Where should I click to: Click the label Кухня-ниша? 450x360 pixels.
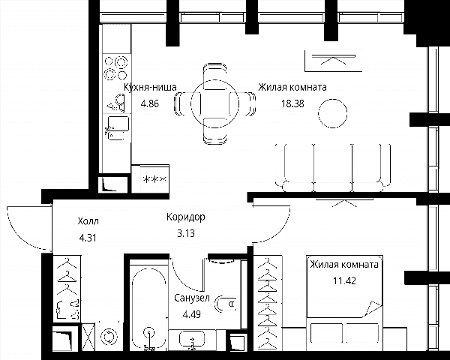pyautogui.click(x=150, y=87)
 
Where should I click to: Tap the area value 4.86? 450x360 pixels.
pyautogui.click(x=149, y=103)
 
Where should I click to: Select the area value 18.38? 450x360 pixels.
pyautogui.click(x=292, y=103)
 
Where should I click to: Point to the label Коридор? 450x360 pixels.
pyautogui.click(x=186, y=217)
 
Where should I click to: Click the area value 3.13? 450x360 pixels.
pyautogui.click(x=186, y=233)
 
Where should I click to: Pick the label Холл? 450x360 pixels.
pyautogui.click(x=88, y=221)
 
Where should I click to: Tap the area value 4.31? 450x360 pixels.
pyautogui.click(x=88, y=238)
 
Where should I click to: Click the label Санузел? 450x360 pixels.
pyautogui.click(x=192, y=298)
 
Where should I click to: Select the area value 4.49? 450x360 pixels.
pyautogui.click(x=192, y=315)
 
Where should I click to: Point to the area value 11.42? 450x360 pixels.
pyautogui.click(x=344, y=280)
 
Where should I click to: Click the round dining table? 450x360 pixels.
pyautogui.click(x=215, y=103)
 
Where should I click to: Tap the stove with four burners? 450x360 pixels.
pyautogui.click(x=116, y=68)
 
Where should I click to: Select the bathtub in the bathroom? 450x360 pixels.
pyautogui.click(x=149, y=308)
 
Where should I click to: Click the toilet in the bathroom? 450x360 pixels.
pyautogui.click(x=226, y=304)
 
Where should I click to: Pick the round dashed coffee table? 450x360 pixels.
pyautogui.click(x=332, y=113)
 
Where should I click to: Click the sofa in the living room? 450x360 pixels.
pyautogui.click(x=333, y=168)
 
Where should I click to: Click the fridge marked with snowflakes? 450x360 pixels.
pyautogui.click(x=154, y=179)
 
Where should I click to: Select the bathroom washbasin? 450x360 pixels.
pyautogui.click(x=192, y=339)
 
